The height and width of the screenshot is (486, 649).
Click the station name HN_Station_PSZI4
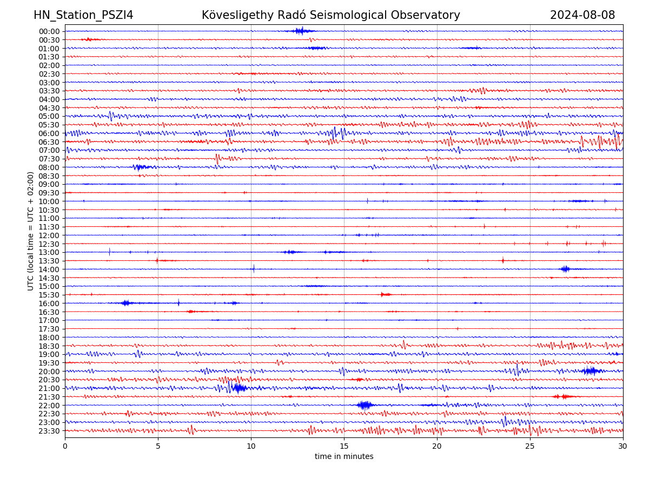83,15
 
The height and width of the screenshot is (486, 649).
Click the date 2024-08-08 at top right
582,15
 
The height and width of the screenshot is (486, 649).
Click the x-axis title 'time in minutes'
344,457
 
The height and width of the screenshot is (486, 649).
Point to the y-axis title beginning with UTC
31,231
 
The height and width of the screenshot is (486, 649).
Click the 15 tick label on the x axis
344,447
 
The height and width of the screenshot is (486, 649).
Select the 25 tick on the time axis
530,447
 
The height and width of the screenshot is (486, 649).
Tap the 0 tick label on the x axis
65,447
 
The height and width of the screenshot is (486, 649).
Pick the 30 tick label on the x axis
623,447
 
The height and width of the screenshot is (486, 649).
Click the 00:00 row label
49,31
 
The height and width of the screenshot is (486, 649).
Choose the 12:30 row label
49,244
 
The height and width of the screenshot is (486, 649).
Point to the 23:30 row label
49,431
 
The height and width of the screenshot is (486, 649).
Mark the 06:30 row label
49,142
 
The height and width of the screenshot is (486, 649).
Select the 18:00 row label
49,337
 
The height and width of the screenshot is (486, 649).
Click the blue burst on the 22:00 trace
365,405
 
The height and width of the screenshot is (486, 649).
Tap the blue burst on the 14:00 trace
565,269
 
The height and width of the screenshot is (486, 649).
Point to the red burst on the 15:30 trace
386,294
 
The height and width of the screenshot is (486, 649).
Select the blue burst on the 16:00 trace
126,303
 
